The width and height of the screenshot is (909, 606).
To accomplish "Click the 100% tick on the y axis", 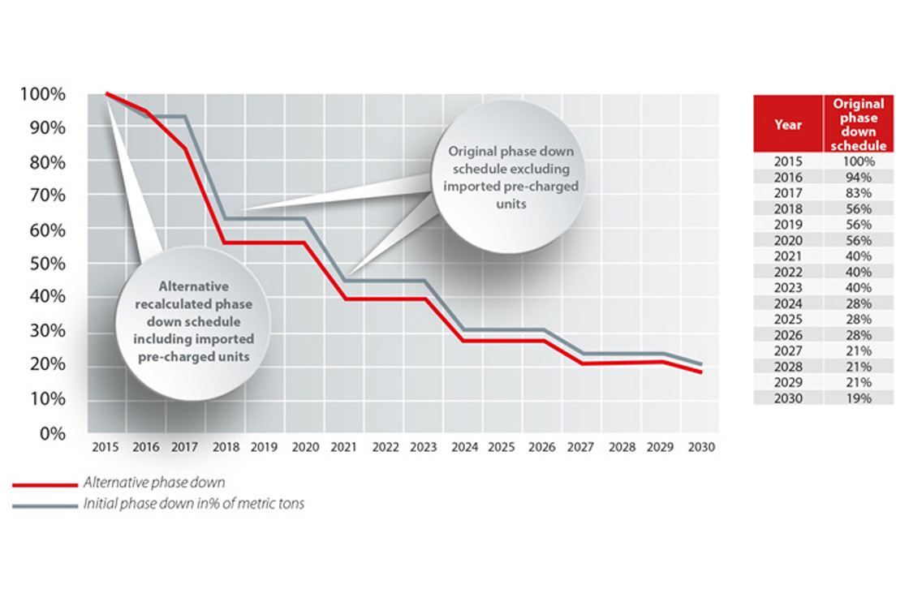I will [41, 94].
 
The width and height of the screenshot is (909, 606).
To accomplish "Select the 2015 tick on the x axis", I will [106, 447].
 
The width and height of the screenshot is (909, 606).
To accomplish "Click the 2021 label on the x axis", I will [345, 447].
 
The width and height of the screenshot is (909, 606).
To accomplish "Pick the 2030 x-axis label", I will [701, 447].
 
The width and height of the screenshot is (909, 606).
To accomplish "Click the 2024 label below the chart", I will [463, 447].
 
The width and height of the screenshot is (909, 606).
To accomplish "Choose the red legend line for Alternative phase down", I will [45, 484].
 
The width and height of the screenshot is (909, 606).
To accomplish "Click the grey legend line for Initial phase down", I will [45, 505].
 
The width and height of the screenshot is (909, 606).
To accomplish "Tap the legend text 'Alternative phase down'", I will [154, 484].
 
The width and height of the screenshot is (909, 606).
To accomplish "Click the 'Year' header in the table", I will [788, 125].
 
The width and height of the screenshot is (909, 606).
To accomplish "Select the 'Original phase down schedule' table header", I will [858, 125].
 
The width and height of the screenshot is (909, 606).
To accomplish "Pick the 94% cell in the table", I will [858, 178].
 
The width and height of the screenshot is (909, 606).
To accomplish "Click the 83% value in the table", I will [858, 193].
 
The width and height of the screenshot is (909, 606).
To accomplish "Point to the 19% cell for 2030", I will [858, 398].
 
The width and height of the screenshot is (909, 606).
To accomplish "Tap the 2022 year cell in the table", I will [788, 272].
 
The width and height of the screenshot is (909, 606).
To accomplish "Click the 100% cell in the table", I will [858, 161].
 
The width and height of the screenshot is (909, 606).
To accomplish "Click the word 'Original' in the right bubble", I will [472, 152].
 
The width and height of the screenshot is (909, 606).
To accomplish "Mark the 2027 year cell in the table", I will [788, 350].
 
